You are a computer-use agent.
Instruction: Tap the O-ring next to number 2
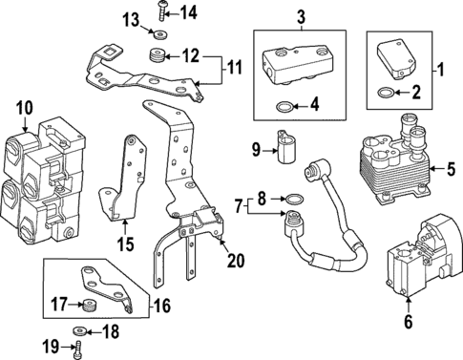384,93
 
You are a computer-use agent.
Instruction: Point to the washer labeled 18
77,331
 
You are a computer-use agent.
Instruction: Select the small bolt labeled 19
77,349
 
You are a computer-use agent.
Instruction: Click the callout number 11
235,69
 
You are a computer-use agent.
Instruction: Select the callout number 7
240,205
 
